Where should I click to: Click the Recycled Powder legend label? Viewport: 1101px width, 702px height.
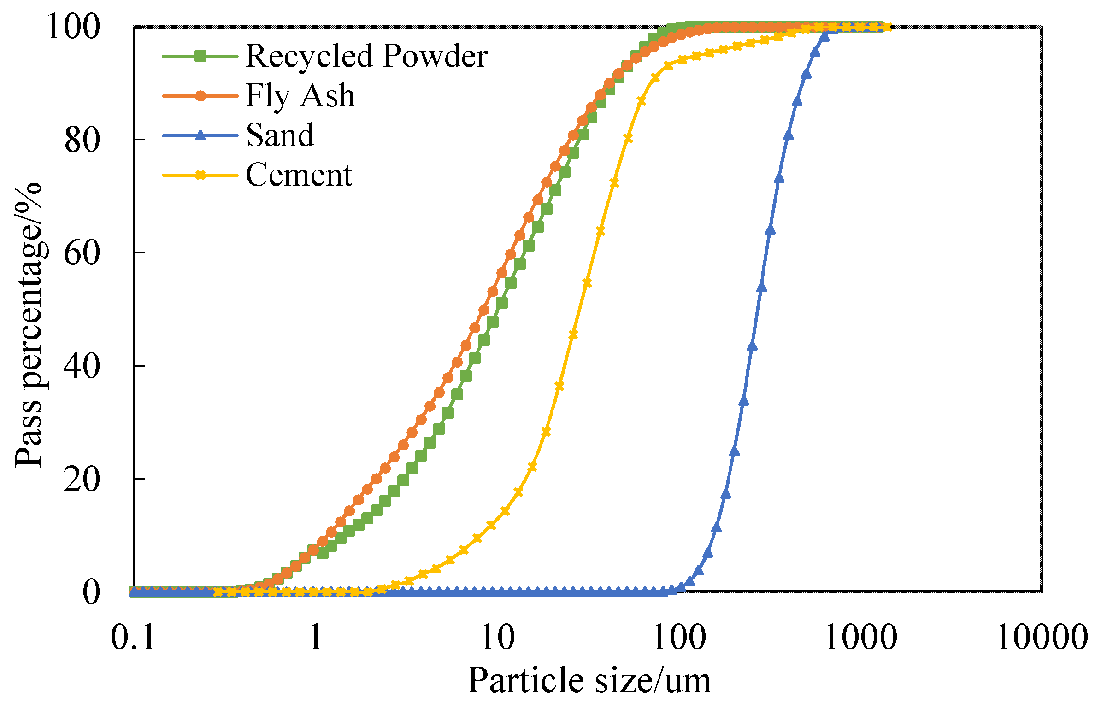tap(366, 56)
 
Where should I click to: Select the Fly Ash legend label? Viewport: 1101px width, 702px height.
tap(300, 96)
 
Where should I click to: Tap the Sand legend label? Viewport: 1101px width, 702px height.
tap(280, 135)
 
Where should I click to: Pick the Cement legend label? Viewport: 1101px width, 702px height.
tap(299, 175)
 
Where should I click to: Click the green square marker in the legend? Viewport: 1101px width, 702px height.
tap(200, 56)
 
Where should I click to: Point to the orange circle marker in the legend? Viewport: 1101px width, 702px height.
tap(200, 96)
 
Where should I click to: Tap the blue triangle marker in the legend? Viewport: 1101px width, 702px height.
tap(200, 135)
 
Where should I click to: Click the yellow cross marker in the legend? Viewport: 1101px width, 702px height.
tap(200, 175)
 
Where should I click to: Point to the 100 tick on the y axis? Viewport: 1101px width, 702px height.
tap(73, 27)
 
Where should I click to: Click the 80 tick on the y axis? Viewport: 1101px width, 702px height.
tap(82, 140)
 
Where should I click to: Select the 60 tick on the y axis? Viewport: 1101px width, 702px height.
tap(82, 253)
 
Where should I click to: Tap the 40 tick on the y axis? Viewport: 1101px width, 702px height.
tap(82, 366)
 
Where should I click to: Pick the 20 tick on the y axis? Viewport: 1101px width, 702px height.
tap(82, 479)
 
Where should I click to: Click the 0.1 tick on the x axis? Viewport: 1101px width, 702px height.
tap(134, 638)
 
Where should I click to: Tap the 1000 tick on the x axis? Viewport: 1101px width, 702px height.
tap(860, 638)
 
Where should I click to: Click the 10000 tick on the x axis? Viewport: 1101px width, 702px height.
tap(1042, 638)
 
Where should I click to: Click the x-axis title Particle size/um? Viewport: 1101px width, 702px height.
tap(589, 680)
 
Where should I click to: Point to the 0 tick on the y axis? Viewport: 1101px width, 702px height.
tap(91, 592)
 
